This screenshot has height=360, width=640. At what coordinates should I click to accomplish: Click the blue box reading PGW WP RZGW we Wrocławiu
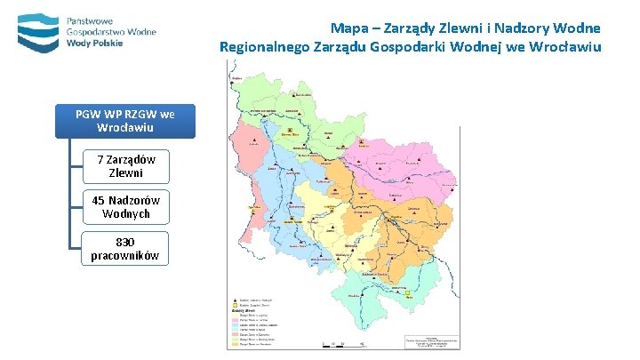click(x=124, y=122)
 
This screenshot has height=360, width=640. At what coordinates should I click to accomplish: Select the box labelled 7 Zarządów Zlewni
click(x=125, y=165)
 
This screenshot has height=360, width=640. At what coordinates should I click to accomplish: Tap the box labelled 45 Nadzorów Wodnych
click(x=125, y=207)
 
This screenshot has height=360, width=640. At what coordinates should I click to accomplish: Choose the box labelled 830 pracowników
click(x=125, y=248)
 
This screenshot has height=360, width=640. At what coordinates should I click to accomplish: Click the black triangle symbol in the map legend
click(x=236, y=300)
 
